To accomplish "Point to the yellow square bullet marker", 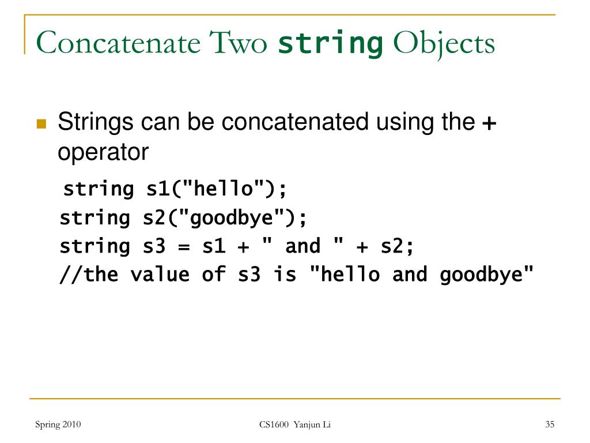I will [x=41, y=124].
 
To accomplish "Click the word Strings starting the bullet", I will [x=96, y=123].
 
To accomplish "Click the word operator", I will [x=103, y=152].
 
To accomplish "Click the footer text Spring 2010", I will [x=58, y=425].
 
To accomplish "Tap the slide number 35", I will [x=549, y=425].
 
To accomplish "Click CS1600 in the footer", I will [x=273, y=425].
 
